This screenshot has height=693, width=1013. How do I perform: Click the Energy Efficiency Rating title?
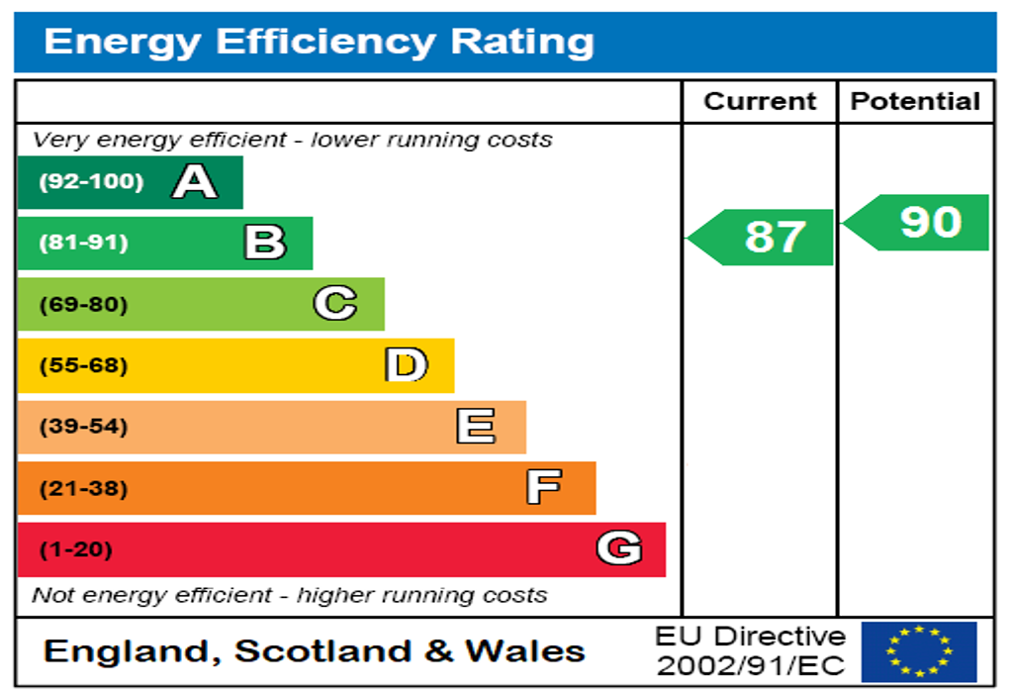pyautogui.click(x=319, y=42)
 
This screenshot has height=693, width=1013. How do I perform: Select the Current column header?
pyautogui.click(x=760, y=101)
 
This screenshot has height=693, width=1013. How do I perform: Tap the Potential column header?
pyautogui.click(x=915, y=101)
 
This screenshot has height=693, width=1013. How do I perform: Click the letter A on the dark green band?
pyautogui.click(x=194, y=182)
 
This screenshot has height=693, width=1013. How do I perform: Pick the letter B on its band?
pyautogui.click(x=265, y=243)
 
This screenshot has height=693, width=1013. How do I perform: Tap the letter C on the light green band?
pyautogui.click(x=335, y=304)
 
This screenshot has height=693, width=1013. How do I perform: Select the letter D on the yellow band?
pyautogui.click(x=406, y=365)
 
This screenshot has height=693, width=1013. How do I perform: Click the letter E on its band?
pyautogui.click(x=476, y=427)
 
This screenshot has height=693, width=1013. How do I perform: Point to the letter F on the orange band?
pyautogui.click(x=544, y=487)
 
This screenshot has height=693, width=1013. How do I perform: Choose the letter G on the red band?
pyautogui.click(x=618, y=548)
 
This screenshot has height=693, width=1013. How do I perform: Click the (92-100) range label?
pyautogui.click(x=90, y=182)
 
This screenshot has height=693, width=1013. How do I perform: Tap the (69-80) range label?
pyautogui.click(x=83, y=304)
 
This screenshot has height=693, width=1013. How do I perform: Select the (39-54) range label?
pyautogui.click(x=83, y=427)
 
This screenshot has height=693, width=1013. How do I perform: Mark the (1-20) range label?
pyautogui.click(x=75, y=549)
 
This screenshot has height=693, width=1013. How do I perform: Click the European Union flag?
pyautogui.click(x=919, y=651)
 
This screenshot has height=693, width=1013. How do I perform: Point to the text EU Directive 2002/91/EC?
pyautogui.click(x=751, y=651)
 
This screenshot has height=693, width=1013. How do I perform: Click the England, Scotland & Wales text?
pyautogui.click(x=315, y=651)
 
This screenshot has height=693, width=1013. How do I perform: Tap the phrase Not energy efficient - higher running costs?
pyautogui.click(x=289, y=595)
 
